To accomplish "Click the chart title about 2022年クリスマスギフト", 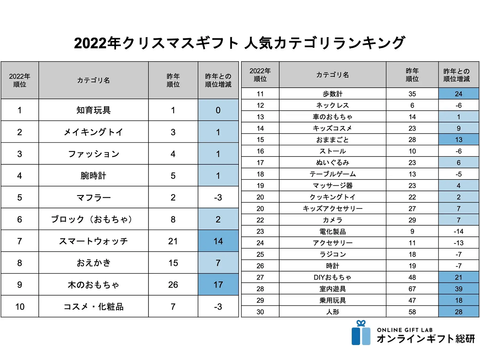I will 240,43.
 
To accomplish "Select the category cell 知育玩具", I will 93,110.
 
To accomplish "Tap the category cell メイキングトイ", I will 93,132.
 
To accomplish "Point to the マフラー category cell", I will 93,197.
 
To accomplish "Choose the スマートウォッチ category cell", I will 93,241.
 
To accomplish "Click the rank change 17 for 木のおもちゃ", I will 218,285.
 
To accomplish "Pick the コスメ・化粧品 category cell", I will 93,307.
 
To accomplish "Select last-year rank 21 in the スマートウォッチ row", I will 173,241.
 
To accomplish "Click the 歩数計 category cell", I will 332,94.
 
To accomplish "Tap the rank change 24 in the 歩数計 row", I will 458,94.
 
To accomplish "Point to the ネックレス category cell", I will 332,106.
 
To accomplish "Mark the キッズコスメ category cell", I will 332,128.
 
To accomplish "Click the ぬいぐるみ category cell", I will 332,163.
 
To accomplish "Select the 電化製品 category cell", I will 332,231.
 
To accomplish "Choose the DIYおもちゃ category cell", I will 332,277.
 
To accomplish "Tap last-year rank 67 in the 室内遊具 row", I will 412,289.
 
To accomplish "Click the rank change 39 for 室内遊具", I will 458,289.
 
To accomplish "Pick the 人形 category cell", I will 332,312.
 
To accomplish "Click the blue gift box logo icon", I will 361,333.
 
